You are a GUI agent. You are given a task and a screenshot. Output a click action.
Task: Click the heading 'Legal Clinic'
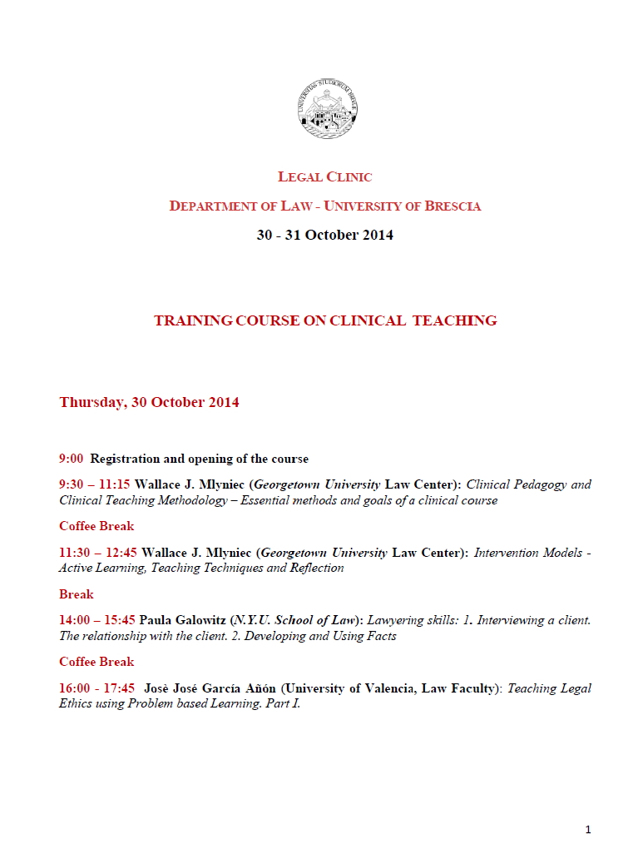324,176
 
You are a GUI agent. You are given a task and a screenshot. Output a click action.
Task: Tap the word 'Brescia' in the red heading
453,206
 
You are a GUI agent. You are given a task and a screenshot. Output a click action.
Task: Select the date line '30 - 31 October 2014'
324,235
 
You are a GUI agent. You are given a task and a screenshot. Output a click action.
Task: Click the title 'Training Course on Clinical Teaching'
325,320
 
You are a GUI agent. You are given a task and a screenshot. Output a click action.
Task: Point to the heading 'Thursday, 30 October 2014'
149,402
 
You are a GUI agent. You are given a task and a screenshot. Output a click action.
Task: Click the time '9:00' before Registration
71,459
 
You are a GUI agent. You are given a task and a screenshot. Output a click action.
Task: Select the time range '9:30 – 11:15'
94,484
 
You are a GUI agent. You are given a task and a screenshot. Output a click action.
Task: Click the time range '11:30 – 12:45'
97,553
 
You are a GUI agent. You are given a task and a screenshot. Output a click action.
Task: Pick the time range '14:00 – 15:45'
96,620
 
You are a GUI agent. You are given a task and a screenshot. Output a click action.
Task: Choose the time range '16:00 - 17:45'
96,688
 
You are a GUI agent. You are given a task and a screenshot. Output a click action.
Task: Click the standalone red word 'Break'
76,594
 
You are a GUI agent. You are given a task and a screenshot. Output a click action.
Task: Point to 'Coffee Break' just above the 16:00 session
96,662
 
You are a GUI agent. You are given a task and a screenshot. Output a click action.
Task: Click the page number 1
587,830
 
